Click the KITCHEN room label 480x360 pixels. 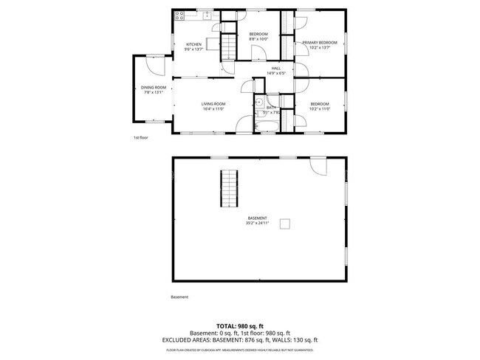(193, 45)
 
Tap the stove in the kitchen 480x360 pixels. (179, 15)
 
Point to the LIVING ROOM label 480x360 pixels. (213, 104)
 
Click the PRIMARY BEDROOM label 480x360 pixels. (320, 43)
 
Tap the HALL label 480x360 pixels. (276, 69)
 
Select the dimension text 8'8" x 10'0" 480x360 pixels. (258, 40)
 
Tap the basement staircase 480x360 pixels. (230, 189)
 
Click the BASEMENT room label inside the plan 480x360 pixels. (257, 218)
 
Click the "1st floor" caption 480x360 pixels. (140, 137)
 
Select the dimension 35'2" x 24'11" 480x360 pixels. (258, 223)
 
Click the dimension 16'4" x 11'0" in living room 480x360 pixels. (213, 109)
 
